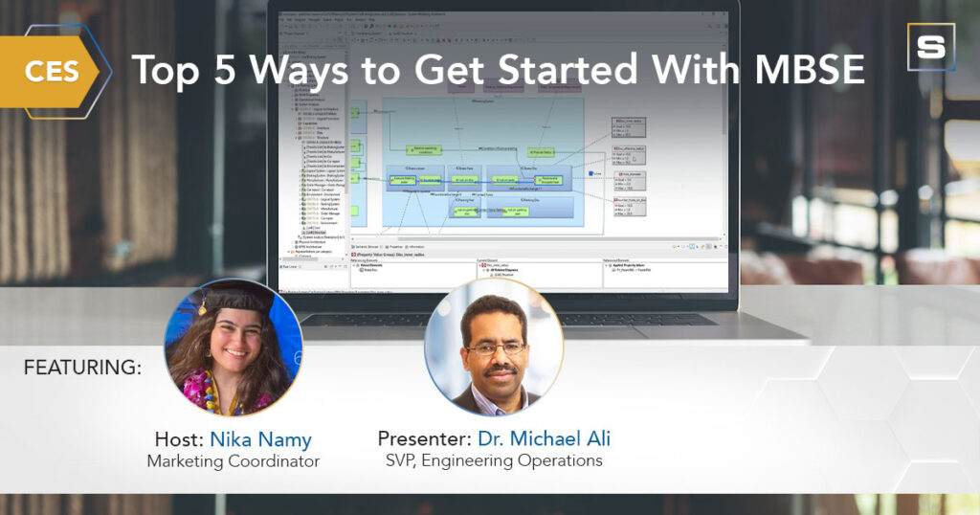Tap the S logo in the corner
[930, 48]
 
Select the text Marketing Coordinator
[233, 461]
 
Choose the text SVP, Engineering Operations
[494, 461]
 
